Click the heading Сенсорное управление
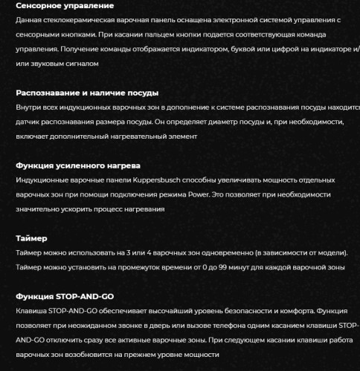[x=64, y=6]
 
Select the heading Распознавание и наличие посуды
[x=86, y=93]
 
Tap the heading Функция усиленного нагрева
[x=78, y=165]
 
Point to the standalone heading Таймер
[x=31, y=239]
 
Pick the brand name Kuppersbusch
[x=159, y=180]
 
